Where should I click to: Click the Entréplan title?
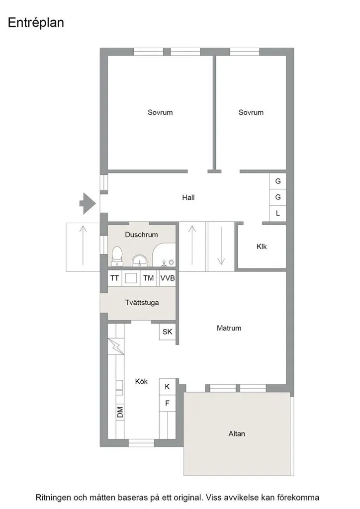(36, 23)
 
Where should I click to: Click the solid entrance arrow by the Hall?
(88, 203)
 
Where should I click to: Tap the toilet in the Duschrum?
(116, 256)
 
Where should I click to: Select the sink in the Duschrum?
(140, 260)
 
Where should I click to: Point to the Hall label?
(188, 197)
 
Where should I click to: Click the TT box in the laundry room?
(114, 278)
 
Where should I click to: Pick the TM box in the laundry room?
(149, 278)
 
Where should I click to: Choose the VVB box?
(168, 278)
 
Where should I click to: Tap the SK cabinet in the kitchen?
(168, 332)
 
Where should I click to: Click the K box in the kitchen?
(168, 386)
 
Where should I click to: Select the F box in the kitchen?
(168, 403)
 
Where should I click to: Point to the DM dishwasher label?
(120, 412)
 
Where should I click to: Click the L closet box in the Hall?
(278, 213)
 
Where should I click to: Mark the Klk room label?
(262, 247)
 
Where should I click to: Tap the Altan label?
(237, 433)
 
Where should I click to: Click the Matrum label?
(229, 328)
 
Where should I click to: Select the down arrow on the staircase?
(221, 246)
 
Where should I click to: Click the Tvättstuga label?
(142, 303)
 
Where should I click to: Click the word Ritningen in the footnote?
(53, 498)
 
